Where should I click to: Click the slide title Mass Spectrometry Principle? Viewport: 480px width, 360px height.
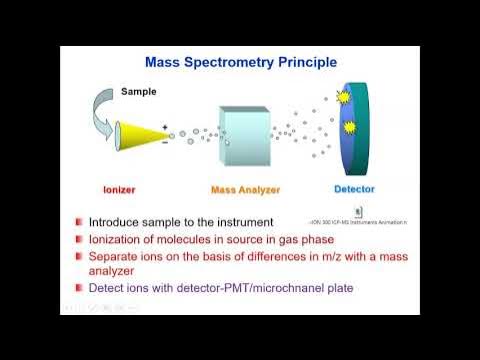241,62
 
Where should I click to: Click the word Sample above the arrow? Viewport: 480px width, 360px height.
139,91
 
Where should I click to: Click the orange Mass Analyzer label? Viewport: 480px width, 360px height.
245,189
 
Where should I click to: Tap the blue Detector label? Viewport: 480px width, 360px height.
356,188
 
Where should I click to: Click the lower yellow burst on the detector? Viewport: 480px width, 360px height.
350,128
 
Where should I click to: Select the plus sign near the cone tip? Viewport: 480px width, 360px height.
165,126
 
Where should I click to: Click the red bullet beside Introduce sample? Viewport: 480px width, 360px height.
78,222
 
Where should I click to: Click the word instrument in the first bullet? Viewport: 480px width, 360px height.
247,222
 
